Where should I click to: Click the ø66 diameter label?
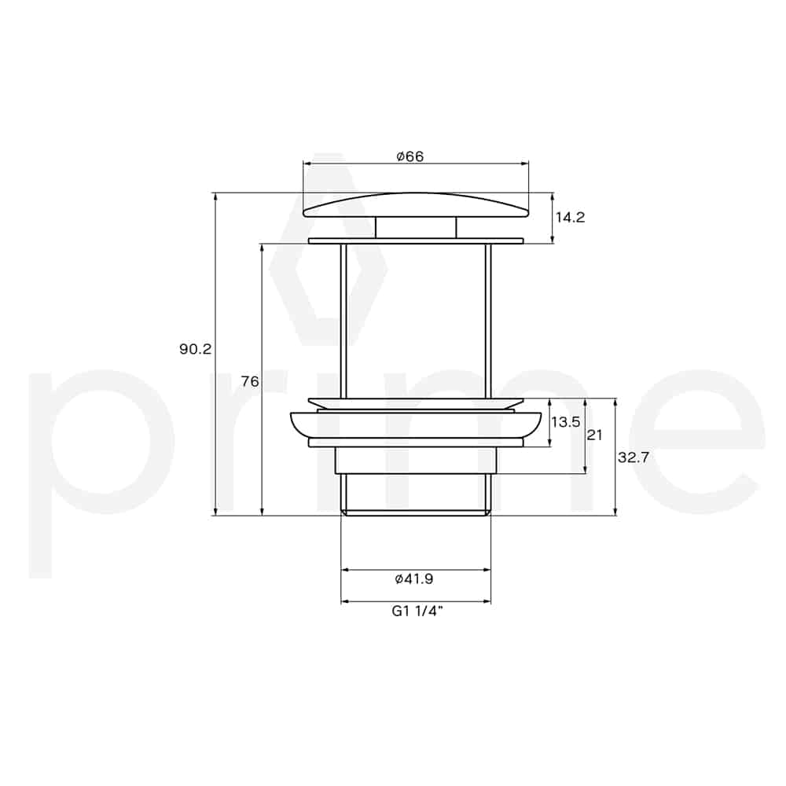(x=410, y=156)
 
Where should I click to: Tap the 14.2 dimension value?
(x=570, y=218)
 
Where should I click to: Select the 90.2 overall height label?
(x=196, y=349)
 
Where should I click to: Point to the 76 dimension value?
(x=250, y=381)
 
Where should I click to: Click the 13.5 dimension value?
(x=565, y=422)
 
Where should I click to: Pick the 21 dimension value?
(x=594, y=435)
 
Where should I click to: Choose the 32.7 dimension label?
(x=633, y=457)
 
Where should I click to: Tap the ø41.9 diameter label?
(x=414, y=579)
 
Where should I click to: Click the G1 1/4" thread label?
(x=417, y=611)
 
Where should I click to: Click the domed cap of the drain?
(x=416, y=205)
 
